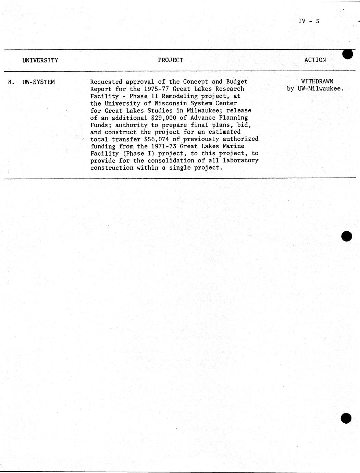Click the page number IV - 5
click(309, 21)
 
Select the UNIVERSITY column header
click(40, 60)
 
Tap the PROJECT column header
click(171, 60)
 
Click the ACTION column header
click(315, 60)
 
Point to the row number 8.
click(11, 82)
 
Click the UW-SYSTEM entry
click(39, 82)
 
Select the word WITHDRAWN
click(317, 82)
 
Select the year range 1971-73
click(162, 146)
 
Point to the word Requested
click(106, 82)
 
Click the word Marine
click(234, 146)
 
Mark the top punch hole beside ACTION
click(347, 54)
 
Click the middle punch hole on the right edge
click(347, 236)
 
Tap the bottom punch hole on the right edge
click(346, 419)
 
